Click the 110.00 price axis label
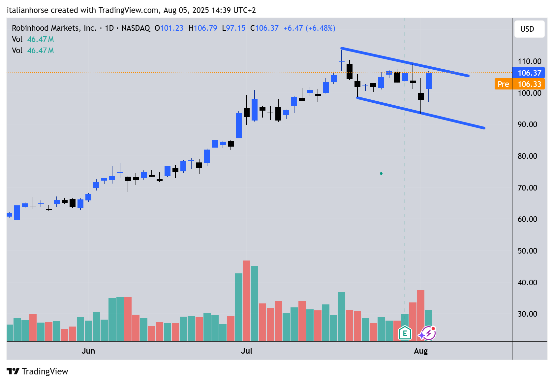pyautogui.click(x=529, y=61)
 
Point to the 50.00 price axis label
pyautogui.click(x=527, y=251)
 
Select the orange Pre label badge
pyautogui.click(x=503, y=84)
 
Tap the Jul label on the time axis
pyautogui.click(x=246, y=351)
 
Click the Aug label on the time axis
pyautogui.click(x=420, y=351)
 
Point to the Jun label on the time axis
pyautogui.click(x=88, y=351)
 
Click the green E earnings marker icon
pyautogui.click(x=405, y=333)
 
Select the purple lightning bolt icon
pyautogui.click(x=428, y=333)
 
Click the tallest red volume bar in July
pyautogui.click(x=247, y=300)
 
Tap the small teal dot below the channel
pyautogui.click(x=381, y=173)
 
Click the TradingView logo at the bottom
pyautogui.click(x=37, y=371)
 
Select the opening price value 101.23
pyautogui.click(x=171, y=28)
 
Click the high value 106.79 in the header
pyautogui.click(x=205, y=28)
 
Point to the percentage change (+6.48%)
pyautogui.click(x=320, y=28)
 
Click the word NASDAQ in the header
pyautogui.click(x=136, y=28)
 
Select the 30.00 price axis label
pyautogui.click(x=527, y=314)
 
